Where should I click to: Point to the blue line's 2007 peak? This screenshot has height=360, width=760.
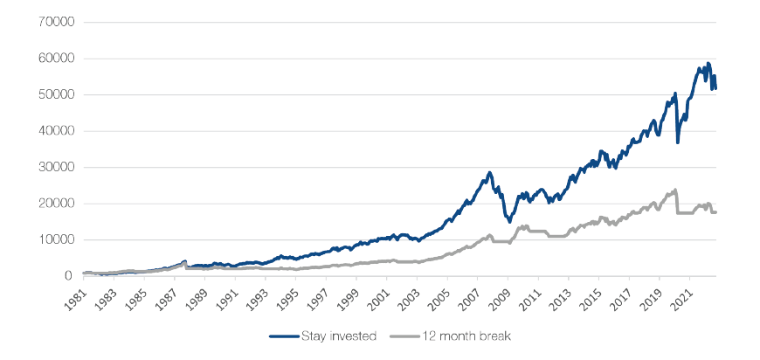490,173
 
